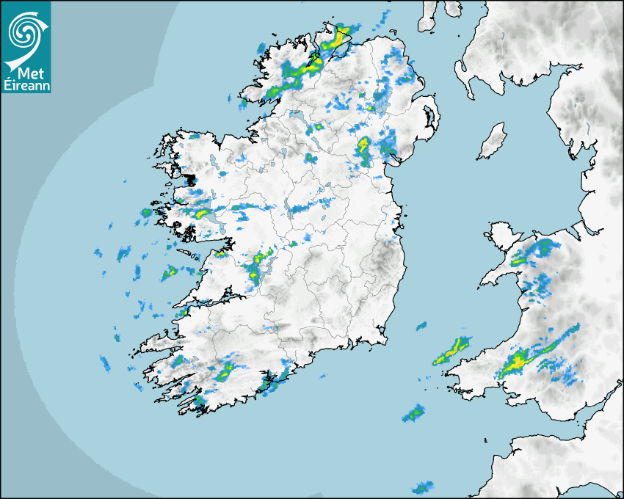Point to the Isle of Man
click(492, 142)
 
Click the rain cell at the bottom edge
click(422, 487)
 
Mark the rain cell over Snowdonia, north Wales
click(530, 253)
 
